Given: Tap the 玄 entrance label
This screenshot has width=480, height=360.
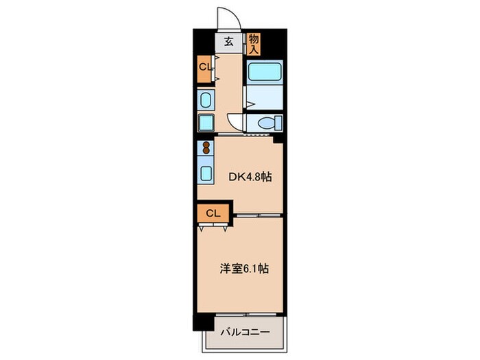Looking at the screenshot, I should pyautogui.click(x=229, y=42).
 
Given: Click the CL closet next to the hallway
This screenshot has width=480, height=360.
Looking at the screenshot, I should pyautogui.click(x=205, y=67).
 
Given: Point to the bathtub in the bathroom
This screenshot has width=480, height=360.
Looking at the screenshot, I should pyautogui.click(x=263, y=72).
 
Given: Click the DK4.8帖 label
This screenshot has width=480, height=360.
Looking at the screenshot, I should pyautogui.click(x=250, y=176).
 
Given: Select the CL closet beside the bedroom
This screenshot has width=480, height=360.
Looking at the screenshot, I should pyautogui.click(x=213, y=213).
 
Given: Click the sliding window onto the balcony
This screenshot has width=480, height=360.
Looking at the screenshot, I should pyautogui.click(x=247, y=315).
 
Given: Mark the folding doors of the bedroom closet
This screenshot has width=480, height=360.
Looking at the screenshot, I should pyautogui.click(x=212, y=226).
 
